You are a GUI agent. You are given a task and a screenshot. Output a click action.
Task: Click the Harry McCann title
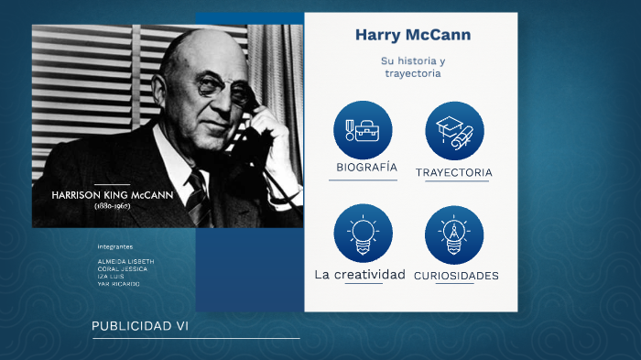pyautogui.click(x=412, y=36)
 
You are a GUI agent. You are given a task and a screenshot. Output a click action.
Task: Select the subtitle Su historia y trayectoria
pyautogui.click(x=412, y=67)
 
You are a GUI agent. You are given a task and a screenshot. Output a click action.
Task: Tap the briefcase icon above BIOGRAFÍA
pyautogui.click(x=363, y=130)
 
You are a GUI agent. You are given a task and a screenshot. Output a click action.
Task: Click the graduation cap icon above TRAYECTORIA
pyautogui.click(x=454, y=130)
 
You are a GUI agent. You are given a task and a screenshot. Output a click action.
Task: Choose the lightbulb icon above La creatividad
pyautogui.click(x=363, y=235)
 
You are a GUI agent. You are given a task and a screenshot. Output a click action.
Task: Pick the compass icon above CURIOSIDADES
pyautogui.click(x=454, y=235)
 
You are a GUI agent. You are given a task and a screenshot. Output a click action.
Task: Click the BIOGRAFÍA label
pyautogui.click(x=366, y=168)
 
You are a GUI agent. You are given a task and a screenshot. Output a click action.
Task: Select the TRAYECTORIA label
pyautogui.click(x=454, y=172)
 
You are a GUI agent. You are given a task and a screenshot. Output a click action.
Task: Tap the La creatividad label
pyautogui.click(x=360, y=274)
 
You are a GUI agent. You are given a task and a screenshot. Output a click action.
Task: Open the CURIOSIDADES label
pyautogui.click(x=456, y=275)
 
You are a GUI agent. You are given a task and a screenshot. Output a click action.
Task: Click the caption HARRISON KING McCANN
pyautogui.click(x=113, y=195)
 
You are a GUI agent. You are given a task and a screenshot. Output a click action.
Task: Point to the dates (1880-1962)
pyautogui.click(x=113, y=206)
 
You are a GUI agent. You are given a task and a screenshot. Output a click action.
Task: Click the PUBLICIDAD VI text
pyautogui.click(x=140, y=326)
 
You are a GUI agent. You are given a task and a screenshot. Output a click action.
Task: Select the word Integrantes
pyautogui.click(x=115, y=246)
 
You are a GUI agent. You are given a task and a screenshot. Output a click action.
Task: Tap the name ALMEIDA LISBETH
pyautogui.click(x=125, y=261)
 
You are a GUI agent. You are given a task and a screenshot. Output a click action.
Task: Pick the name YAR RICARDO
pyautogui.click(x=118, y=284)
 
